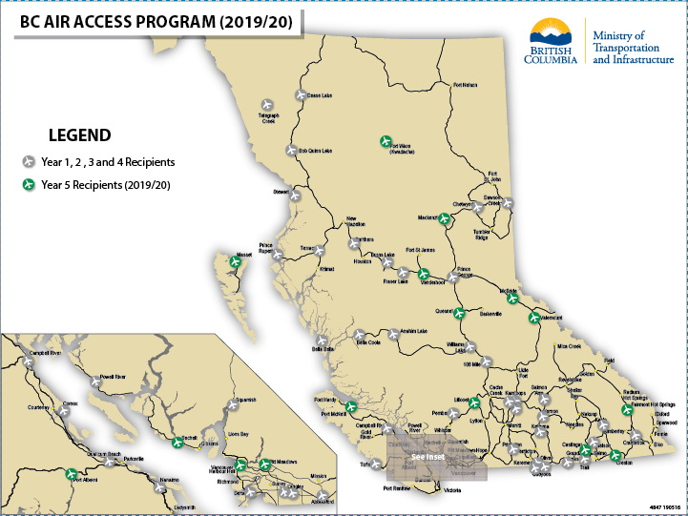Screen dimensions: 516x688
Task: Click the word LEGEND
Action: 80,135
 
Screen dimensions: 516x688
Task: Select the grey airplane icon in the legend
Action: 29,162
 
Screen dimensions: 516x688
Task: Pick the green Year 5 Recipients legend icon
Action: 29,184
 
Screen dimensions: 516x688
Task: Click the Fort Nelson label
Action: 464,84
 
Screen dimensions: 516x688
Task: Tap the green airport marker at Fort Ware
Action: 386,140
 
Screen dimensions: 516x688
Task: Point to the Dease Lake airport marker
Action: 300,95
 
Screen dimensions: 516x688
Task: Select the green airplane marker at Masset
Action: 236,260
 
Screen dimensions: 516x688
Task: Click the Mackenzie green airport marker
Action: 444,219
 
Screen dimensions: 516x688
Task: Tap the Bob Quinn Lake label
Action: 314,151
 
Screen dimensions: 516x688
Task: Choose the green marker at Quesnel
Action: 459,312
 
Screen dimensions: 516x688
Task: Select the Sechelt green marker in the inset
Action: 177,442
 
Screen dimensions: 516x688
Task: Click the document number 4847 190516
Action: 664,506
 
